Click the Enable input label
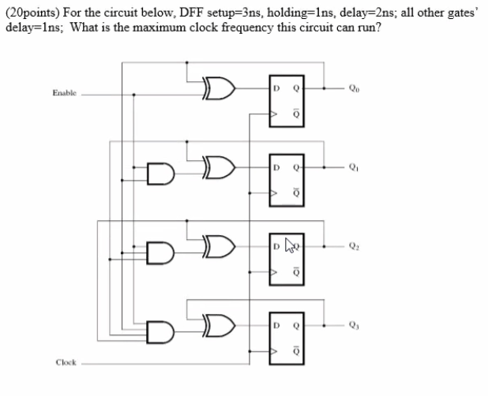pyautogui.click(x=64, y=93)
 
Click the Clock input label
pyautogui.click(x=65, y=364)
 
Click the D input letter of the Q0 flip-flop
pyautogui.click(x=277, y=87)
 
